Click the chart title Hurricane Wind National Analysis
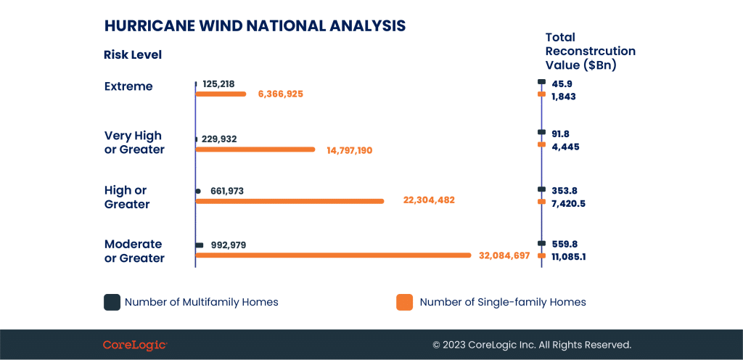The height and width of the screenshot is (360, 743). [x=255, y=25]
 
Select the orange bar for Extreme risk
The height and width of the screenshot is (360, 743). [x=221, y=94]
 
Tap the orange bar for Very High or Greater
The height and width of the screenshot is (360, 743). [x=255, y=150]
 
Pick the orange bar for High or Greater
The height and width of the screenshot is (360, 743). [x=290, y=201]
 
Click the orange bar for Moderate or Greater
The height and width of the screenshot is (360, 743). [x=334, y=255]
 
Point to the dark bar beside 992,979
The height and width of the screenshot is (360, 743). [x=200, y=245]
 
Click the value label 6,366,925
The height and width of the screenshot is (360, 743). [x=281, y=94]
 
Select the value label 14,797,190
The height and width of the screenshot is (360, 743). [x=350, y=151]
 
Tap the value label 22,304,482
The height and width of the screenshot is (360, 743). [x=429, y=200]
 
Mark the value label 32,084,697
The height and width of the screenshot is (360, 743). [x=504, y=255]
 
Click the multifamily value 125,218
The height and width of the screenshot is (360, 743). [x=218, y=84]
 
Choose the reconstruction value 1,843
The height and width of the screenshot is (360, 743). [x=563, y=97]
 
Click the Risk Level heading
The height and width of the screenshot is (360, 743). [x=133, y=55]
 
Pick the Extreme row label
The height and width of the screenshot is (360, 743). [x=128, y=86]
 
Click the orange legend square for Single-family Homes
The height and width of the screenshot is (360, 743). [x=404, y=302]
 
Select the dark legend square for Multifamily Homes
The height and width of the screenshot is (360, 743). [x=112, y=302]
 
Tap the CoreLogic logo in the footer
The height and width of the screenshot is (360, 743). [x=135, y=345]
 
